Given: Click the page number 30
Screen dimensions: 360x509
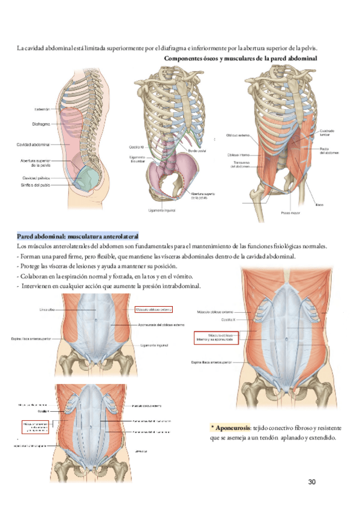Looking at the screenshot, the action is point(311,482).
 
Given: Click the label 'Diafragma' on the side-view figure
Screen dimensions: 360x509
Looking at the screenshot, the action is point(41,124).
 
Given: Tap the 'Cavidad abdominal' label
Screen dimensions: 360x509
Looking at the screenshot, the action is point(34,145).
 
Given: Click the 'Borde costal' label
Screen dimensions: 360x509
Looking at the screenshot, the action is point(197,150).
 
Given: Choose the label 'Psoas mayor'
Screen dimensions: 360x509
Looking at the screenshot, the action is point(290,213).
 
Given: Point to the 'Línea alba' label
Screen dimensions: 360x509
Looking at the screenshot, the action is point(64,309).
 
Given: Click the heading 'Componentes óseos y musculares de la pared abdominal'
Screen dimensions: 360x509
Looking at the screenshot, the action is point(240,58).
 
